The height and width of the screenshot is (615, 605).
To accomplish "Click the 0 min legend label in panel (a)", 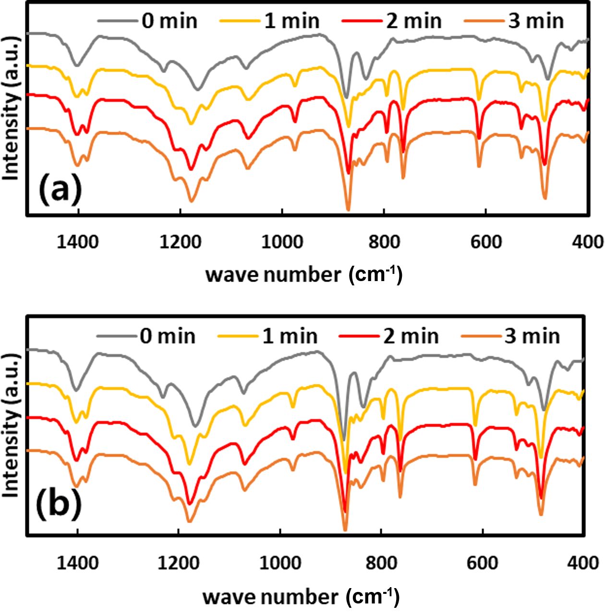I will click(169, 21).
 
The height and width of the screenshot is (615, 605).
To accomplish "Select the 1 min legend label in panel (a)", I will click(291, 21).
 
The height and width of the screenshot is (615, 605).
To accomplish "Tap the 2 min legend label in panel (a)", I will click(413, 21).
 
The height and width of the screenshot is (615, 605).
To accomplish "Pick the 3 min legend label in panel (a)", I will click(536, 21).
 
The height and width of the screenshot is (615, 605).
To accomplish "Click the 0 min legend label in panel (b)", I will click(168, 336).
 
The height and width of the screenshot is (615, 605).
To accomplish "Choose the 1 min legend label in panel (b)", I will click(290, 336).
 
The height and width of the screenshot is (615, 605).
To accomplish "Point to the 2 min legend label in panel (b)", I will click(411, 336).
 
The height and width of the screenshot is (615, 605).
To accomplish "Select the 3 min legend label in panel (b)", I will click(532, 336).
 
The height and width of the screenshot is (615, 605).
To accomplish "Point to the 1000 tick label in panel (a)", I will click(282, 242).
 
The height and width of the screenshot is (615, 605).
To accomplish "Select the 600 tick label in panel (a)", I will click(485, 242).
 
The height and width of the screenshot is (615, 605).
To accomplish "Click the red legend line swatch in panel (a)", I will click(360, 21).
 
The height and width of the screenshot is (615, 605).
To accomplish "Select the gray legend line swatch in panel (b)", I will click(115, 336).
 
